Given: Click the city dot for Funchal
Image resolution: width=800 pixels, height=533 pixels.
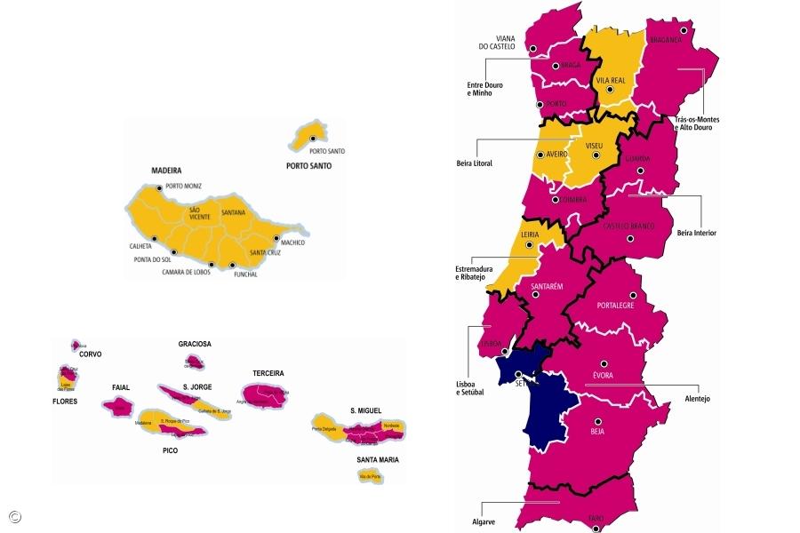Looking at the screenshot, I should pyautogui.click(x=232, y=265).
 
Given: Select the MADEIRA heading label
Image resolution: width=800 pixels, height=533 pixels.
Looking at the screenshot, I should pyautogui.click(x=166, y=170).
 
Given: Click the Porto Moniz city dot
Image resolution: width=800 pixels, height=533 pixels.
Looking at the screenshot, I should pyautogui.click(x=159, y=187).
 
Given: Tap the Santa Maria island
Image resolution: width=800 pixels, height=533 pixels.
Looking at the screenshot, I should pyautogui.click(x=369, y=476).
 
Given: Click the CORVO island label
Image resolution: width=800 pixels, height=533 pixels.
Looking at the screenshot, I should pyautogui.click(x=90, y=354).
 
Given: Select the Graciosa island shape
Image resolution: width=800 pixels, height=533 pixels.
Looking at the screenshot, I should pyautogui.click(x=194, y=362).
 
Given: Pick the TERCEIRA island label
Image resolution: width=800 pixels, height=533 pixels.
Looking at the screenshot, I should pyautogui.click(x=268, y=373).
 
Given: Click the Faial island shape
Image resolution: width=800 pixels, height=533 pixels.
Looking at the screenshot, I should pyautogui.click(x=116, y=407).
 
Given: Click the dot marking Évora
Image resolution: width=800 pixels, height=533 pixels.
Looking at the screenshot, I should pyautogui.click(x=604, y=362).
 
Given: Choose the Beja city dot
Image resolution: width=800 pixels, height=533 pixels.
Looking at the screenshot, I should pyautogui.click(x=597, y=421).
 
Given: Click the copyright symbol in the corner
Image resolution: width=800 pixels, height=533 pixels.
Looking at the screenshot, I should pyautogui.click(x=14, y=516).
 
